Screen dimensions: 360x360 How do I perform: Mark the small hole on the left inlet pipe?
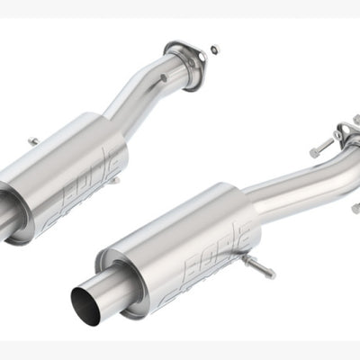point(163,78)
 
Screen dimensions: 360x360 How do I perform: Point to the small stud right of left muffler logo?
point(118,181)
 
